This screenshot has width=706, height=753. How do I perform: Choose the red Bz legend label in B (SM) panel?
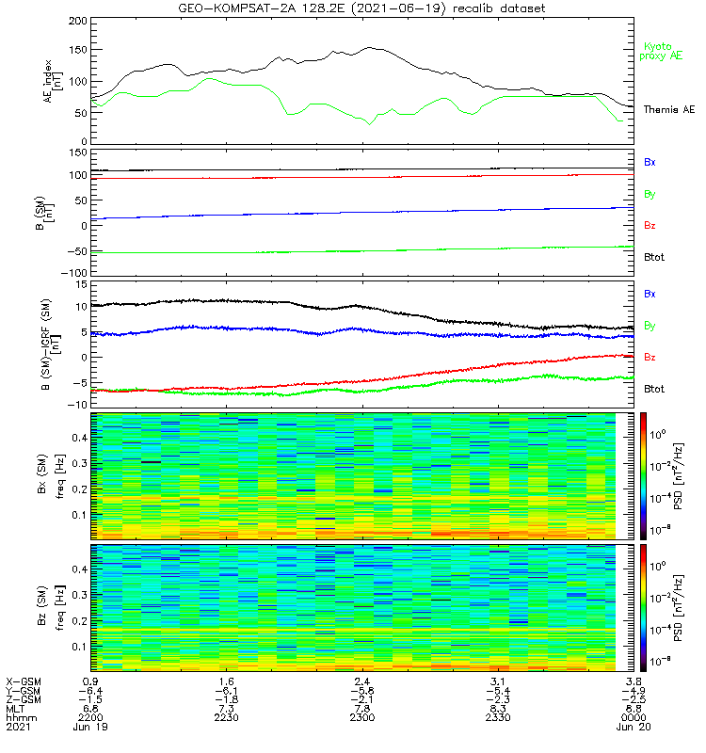coord(650,226)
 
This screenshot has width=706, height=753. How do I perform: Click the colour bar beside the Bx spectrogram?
coord(643,475)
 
